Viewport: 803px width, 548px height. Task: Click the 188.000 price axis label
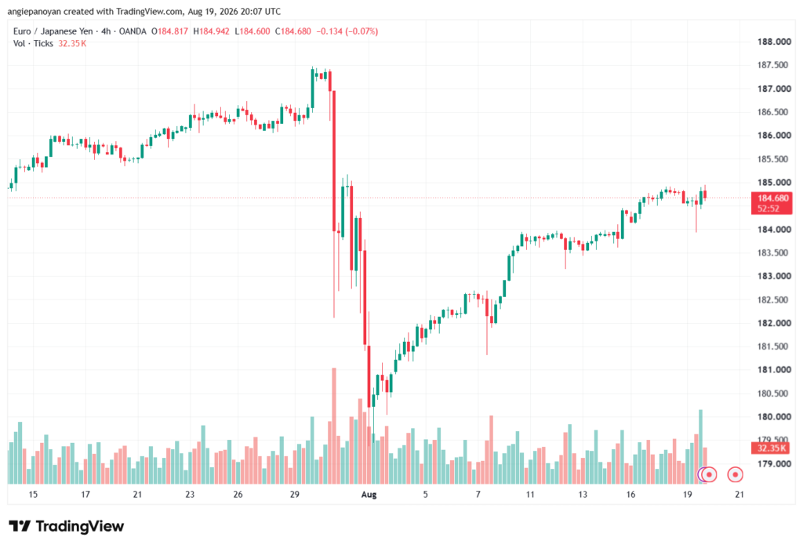[774, 42]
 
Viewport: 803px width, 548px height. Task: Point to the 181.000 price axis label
[774, 370]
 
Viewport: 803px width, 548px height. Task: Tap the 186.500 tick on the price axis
[774, 112]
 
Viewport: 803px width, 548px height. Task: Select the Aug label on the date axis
[369, 495]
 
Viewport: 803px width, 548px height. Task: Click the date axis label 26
[238, 495]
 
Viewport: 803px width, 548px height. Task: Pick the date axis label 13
[583, 495]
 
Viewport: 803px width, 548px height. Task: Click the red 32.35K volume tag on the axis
[772, 448]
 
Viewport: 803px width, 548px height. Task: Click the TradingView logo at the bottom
[67, 526]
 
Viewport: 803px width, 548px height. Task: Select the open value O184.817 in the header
[169, 31]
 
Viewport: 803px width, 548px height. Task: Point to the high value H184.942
[212, 31]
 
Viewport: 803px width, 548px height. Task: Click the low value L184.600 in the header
[253, 31]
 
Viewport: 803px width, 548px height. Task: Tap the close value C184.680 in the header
[293, 31]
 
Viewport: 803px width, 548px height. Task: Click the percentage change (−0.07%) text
[362, 31]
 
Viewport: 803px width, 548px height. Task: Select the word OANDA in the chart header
[133, 31]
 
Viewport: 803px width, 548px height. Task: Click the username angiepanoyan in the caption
[34, 11]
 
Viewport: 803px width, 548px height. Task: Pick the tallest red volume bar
[334, 426]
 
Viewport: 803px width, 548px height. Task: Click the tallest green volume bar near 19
[700, 447]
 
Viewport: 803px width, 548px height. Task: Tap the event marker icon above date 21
[736, 475]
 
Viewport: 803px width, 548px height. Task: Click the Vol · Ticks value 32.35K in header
[72, 44]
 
